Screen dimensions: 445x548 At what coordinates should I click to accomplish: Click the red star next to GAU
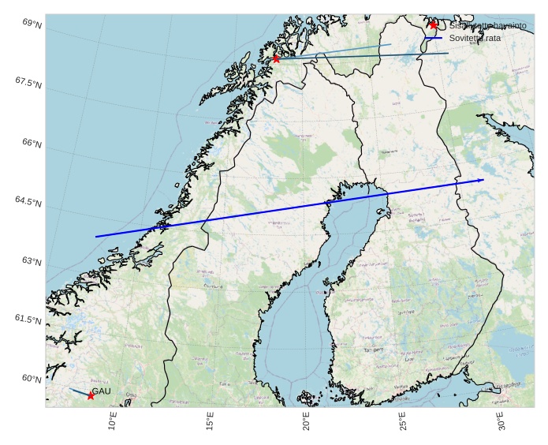click(x=91, y=395)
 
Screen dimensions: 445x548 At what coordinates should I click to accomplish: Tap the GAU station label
click(x=101, y=391)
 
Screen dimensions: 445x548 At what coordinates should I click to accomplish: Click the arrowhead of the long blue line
click(x=482, y=180)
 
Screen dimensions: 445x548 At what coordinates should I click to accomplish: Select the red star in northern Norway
click(x=276, y=58)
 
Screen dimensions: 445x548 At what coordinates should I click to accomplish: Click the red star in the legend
click(x=434, y=25)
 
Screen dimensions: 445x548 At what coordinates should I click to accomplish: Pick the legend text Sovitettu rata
click(x=475, y=38)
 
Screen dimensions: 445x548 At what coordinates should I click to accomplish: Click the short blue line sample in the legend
click(x=434, y=38)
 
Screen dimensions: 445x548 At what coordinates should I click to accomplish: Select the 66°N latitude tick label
click(x=32, y=143)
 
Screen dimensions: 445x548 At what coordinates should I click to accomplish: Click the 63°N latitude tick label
click(x=32, y=261)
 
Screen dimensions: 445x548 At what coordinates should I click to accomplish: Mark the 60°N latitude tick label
click(x=32, y=379)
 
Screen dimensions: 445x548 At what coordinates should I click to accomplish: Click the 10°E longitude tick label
click(x=112, y=422)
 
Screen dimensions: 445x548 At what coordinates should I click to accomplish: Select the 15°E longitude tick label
click(x=210, y=422)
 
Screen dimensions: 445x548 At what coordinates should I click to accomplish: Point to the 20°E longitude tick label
click(x=308, y=422)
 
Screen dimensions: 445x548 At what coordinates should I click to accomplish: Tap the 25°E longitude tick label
click(x=404, y=422)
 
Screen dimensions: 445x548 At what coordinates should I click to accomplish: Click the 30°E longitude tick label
click(x=502, y=422)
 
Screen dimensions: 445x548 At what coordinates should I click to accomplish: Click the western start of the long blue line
click(x=96, y=237)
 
